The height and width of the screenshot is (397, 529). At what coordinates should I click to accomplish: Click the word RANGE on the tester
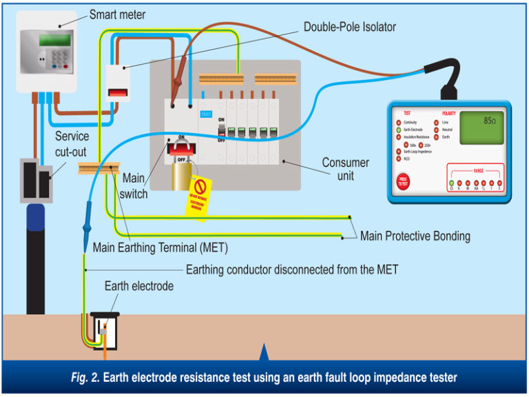coord(478,170)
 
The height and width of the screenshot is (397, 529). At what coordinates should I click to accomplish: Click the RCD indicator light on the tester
coord(399,158)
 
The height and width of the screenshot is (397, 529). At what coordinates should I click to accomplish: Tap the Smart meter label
coord(117,14)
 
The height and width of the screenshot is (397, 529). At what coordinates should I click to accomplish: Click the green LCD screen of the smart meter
coord(54,39)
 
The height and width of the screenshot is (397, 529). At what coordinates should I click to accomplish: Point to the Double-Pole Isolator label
coord(349,27)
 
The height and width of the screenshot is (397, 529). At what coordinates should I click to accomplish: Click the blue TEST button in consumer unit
coord(205,113)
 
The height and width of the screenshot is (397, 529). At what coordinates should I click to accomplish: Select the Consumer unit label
coord(345,170)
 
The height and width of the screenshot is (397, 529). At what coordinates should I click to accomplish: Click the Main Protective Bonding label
coord(415,236)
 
